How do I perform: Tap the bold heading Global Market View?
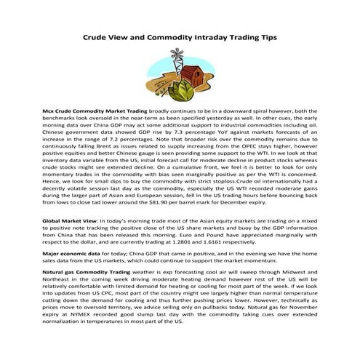click(70, 219)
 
